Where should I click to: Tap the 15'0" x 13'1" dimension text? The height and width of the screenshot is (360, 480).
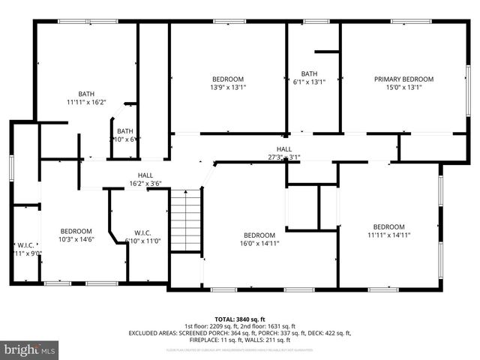pos(403,88)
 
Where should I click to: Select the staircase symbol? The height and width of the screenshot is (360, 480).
pos(185,221)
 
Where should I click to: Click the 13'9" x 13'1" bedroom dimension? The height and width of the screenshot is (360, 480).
pos(227,88)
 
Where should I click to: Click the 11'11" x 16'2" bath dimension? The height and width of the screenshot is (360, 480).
pos(86,102)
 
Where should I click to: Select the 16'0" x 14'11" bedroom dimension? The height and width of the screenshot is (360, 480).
pos(260,243)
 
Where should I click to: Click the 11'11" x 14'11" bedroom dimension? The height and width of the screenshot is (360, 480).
pos(389,235)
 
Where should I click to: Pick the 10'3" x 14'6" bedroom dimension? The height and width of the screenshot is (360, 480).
pos(76,239)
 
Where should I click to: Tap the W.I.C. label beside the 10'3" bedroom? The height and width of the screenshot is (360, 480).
pos(25,244)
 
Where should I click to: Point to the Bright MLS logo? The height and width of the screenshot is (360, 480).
pos(30,349)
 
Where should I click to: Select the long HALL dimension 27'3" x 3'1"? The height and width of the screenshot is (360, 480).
pos(283,157)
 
